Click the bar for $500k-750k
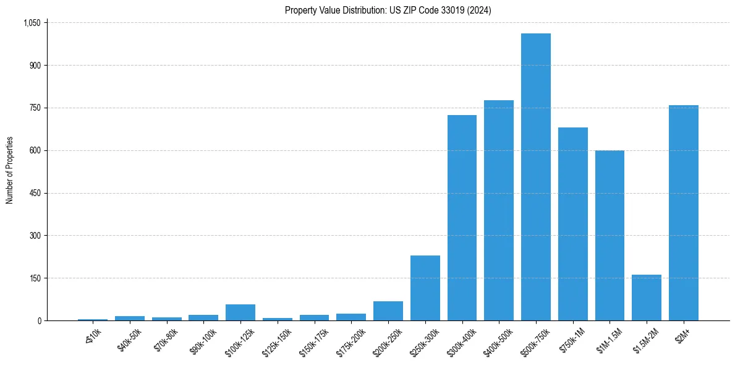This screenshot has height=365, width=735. point(535,177)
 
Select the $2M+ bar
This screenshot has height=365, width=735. point(683,213)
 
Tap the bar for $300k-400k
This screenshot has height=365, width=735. point(462,218)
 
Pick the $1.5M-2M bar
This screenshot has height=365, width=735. point(647,298)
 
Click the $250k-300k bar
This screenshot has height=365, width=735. point(425,288)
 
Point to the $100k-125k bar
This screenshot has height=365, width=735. point(240,312)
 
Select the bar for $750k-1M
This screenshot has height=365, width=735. point(572,224)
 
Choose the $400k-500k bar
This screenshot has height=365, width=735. point(499,210)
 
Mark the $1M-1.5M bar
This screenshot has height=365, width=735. point(610,235)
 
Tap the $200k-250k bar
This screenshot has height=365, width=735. point(388,311)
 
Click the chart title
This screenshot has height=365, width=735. point(388,10)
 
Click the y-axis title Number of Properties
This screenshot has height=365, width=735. point(10,170)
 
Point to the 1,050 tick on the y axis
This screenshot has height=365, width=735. point(32,23)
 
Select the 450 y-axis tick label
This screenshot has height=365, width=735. point(35,193)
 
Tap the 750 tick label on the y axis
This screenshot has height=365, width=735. point(35,108)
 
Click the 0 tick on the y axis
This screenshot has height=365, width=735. point(39,320)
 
